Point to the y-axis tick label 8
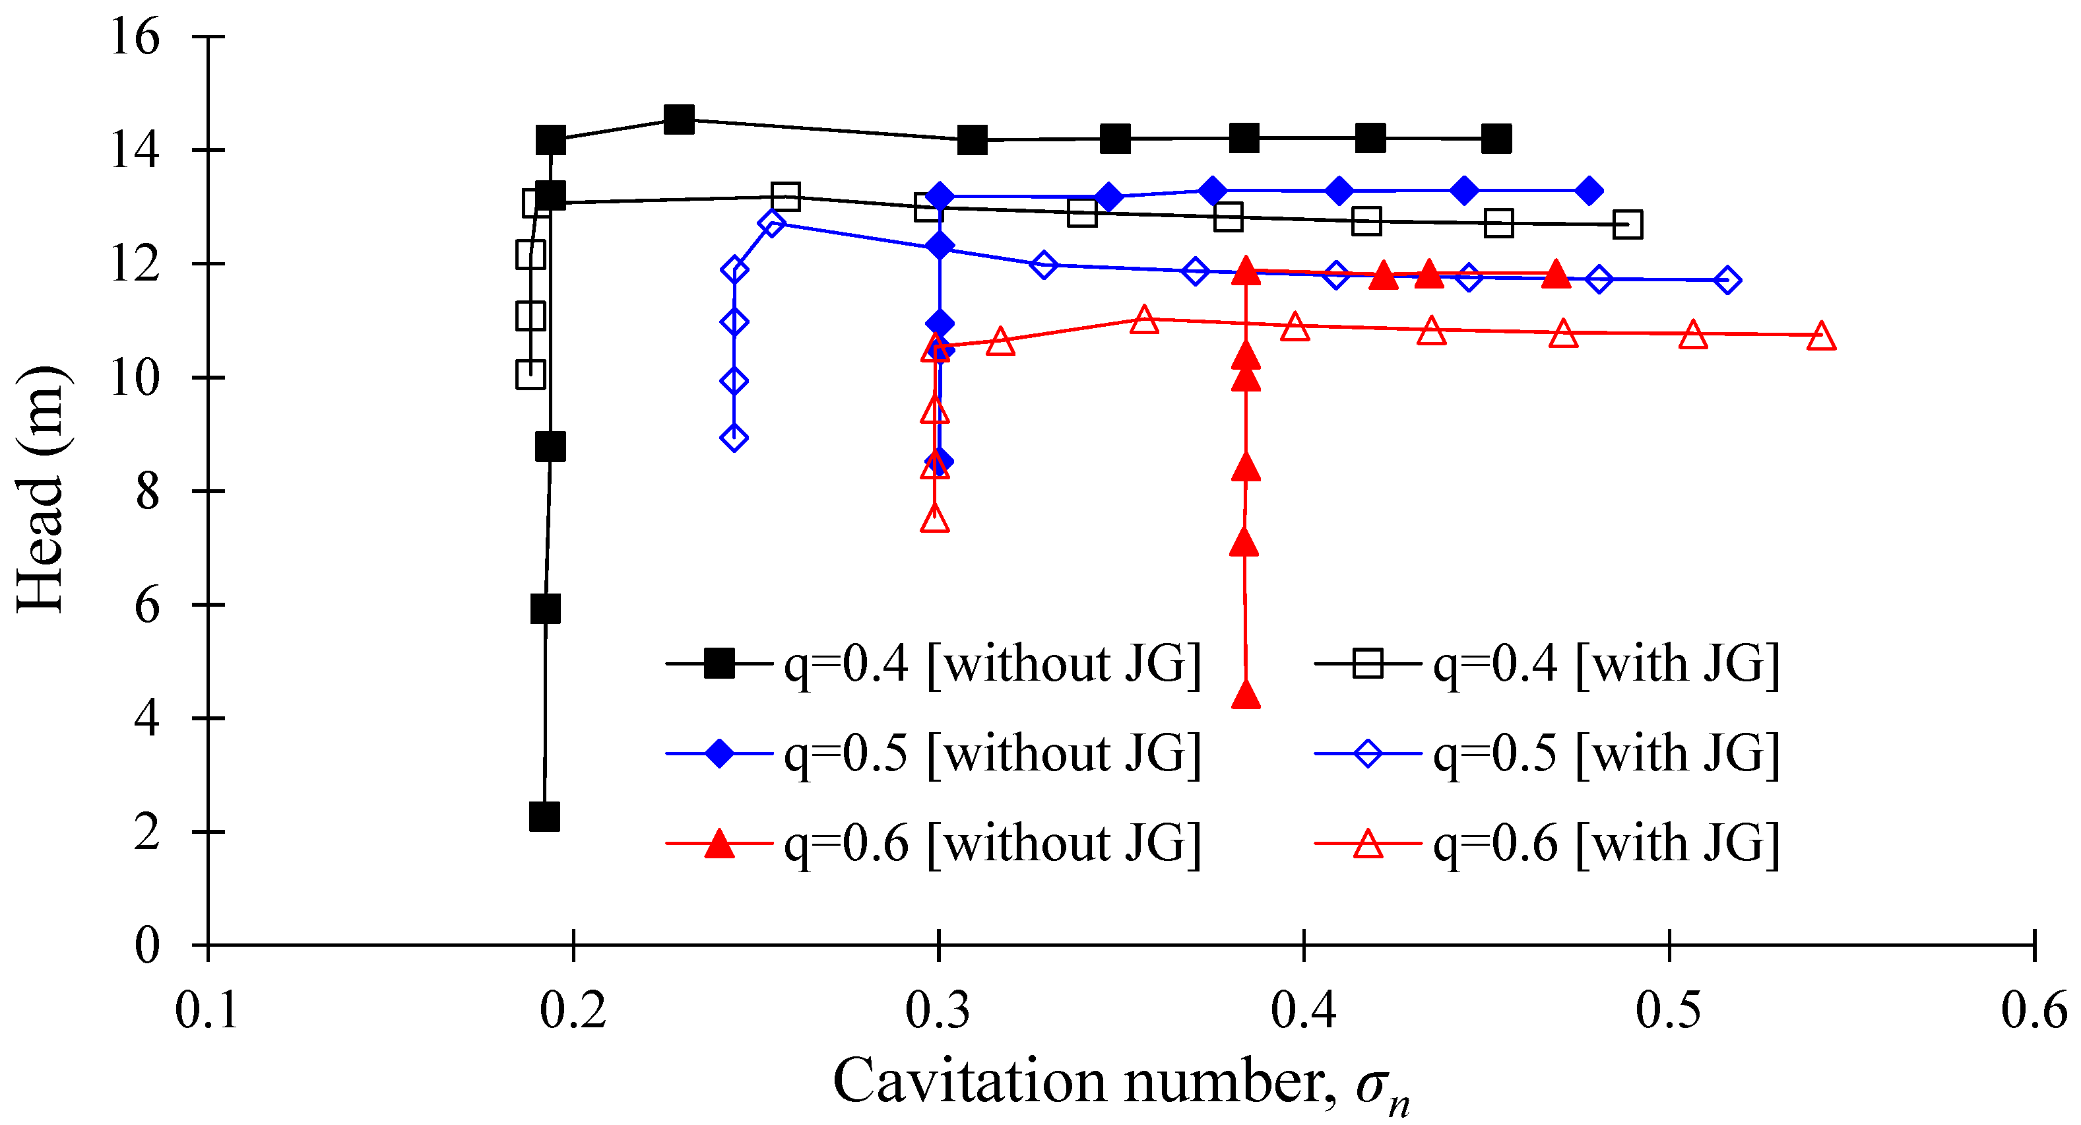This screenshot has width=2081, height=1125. pyautogui.click(x=147, y=493)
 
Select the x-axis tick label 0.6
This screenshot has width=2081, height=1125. pyautogui.click(x=2033, y=1010)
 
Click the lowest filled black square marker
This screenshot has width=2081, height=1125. pyautogui.click(x=544, y=817)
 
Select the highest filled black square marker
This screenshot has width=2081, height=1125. pyautogui.click(x=678, y=119)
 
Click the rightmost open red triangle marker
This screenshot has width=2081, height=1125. pyautogui.click(x=1821, y=336)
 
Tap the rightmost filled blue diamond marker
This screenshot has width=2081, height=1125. pyautogui.click(x=1589, y=191)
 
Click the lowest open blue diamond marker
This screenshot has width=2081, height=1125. pyautogui.click(x=734, y=438)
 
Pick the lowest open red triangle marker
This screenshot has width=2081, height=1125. pyautogui.click(x=935, y=518)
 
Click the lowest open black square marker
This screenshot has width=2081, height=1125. pyautogui.click(x=530, y=374)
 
